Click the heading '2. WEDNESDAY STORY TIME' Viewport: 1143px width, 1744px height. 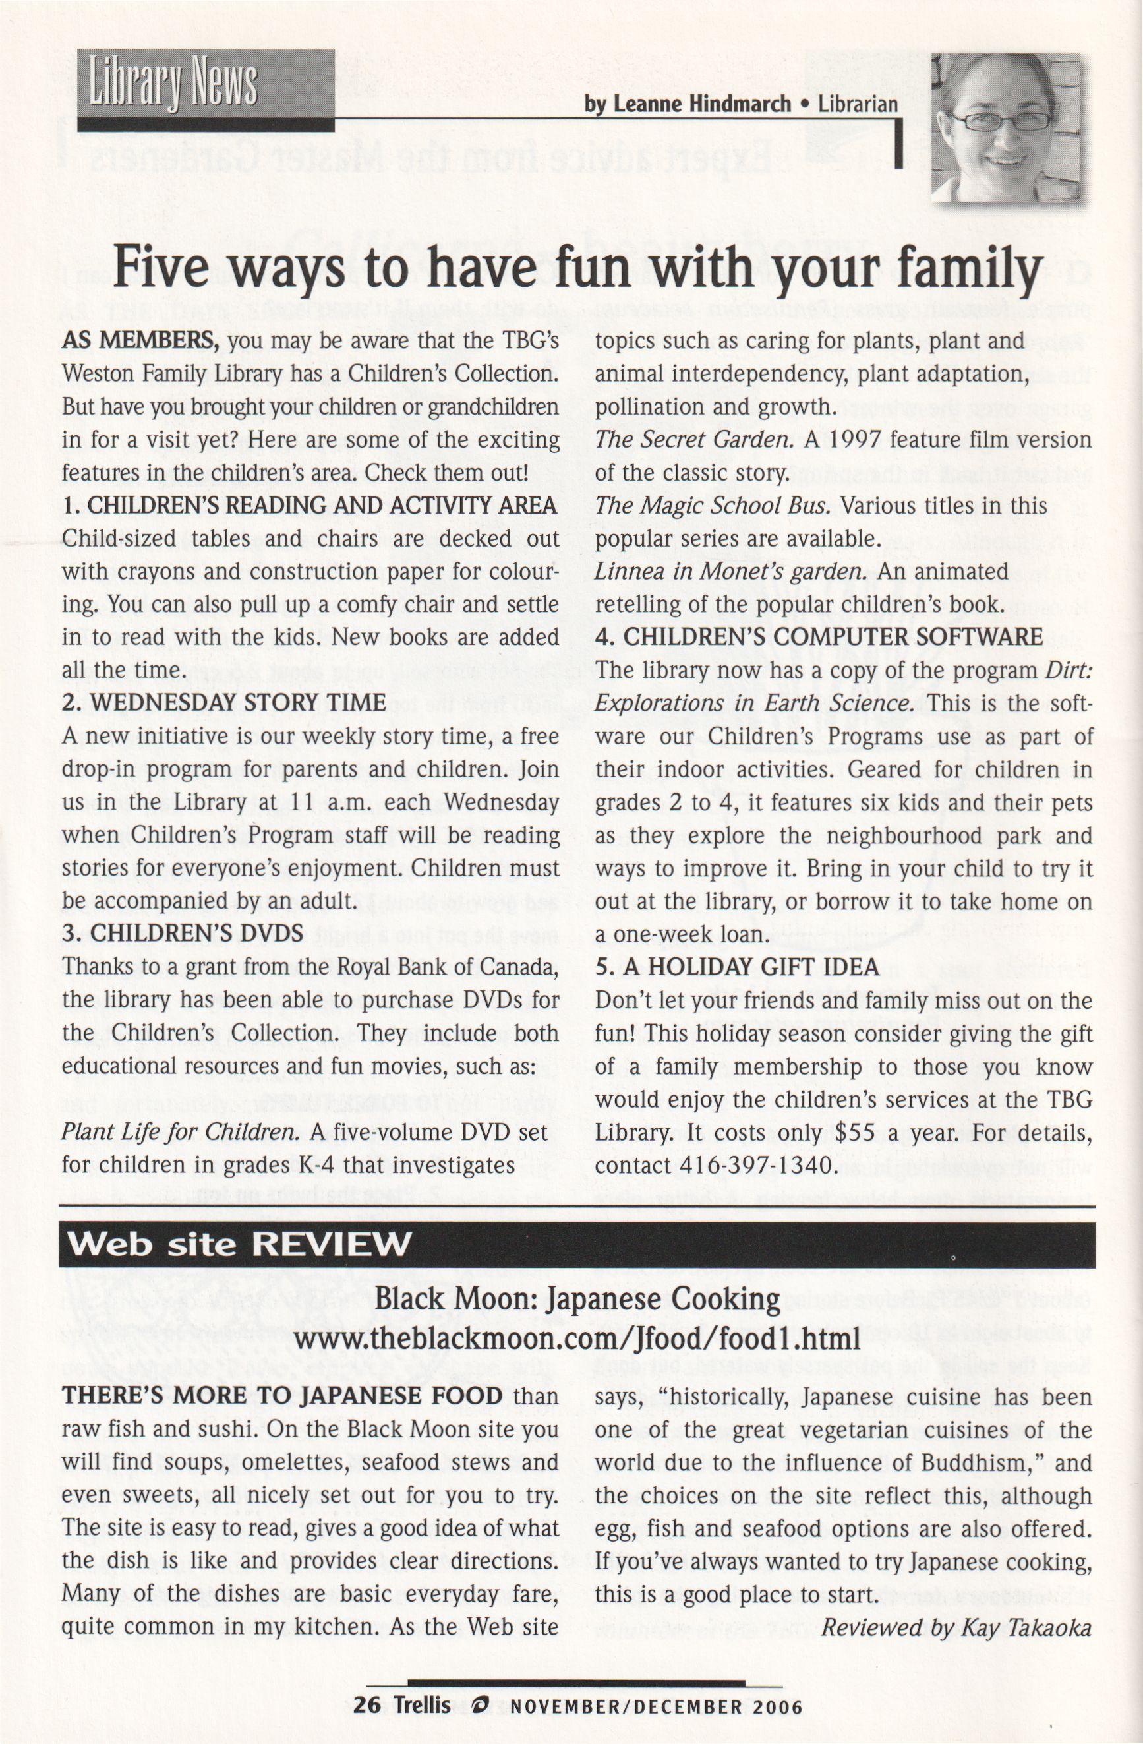(223, 703)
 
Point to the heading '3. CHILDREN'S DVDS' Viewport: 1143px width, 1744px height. (183, 934)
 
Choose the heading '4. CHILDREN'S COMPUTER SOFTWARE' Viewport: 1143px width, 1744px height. (819, 637)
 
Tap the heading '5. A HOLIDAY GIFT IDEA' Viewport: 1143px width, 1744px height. (737, 967)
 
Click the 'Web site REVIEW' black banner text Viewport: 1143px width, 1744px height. (239, 1244)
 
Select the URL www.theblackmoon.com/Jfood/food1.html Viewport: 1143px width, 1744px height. (577, 1340)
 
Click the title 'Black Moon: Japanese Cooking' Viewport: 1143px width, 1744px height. (577, 1300)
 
